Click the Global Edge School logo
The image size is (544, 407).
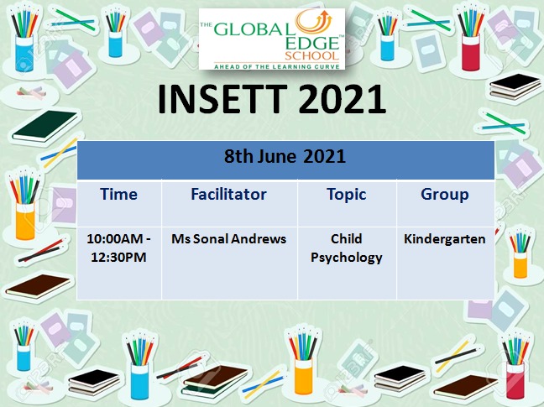(272, 39)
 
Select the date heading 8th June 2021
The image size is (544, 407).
(285, 156)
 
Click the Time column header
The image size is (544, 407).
(118, 194)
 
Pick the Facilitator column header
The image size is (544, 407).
(228, 194)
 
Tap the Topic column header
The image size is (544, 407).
(346, 195)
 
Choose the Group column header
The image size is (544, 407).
(445, 195)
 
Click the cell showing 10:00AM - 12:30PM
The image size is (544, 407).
(118, 248)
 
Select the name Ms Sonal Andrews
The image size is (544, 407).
(228, 239)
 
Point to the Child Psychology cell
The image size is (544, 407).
(346, 248)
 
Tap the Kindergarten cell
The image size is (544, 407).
(445, 239)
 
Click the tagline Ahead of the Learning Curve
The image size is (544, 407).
(276, 66)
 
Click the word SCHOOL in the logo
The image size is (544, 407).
(311, 55)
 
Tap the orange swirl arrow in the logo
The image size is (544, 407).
(312, 23)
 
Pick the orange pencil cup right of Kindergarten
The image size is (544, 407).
(520, 265)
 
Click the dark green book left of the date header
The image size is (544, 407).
(45, 126)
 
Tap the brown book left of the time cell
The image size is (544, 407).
(38, 285)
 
